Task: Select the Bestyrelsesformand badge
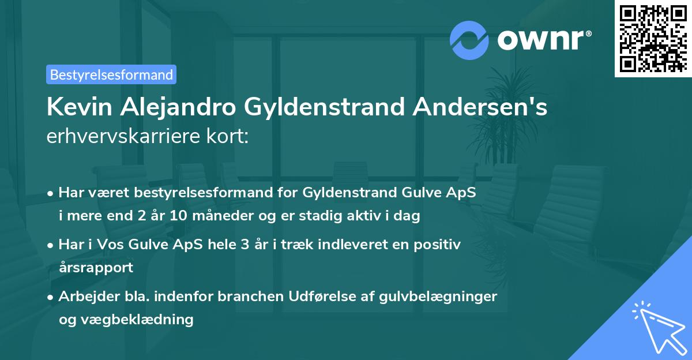pyautogui.click(x=111, y=74)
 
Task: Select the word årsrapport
pyautogui.click(x=96, y=268)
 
